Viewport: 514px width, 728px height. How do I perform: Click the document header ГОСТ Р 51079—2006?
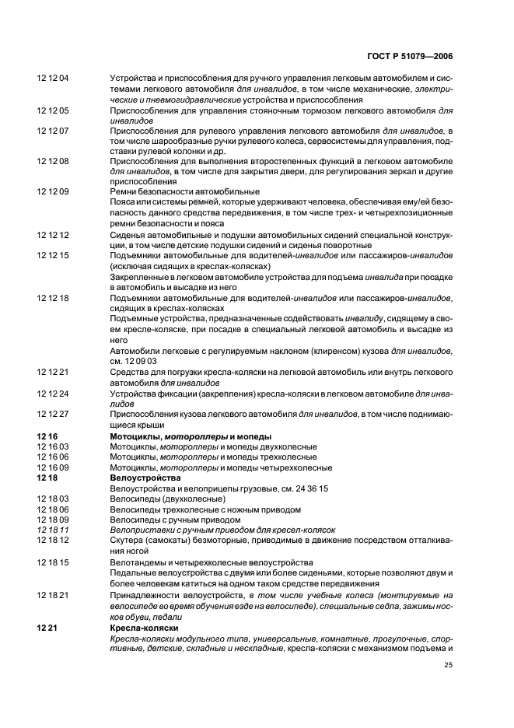pos(411,57)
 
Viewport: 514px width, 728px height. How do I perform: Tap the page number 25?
pos(448,664)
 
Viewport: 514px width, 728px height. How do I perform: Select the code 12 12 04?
pos(53,78)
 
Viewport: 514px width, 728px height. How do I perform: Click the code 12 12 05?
pos(53,111)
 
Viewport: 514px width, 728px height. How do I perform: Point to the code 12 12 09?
pos(53,191)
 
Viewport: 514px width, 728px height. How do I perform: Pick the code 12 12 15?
pos(53,255)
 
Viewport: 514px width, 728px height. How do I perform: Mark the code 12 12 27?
pos(53,415)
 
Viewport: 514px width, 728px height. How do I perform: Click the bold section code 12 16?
pos(47,436)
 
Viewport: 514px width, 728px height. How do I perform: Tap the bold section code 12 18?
pos(47,478)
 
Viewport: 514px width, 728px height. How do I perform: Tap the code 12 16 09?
pos(53,467)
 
